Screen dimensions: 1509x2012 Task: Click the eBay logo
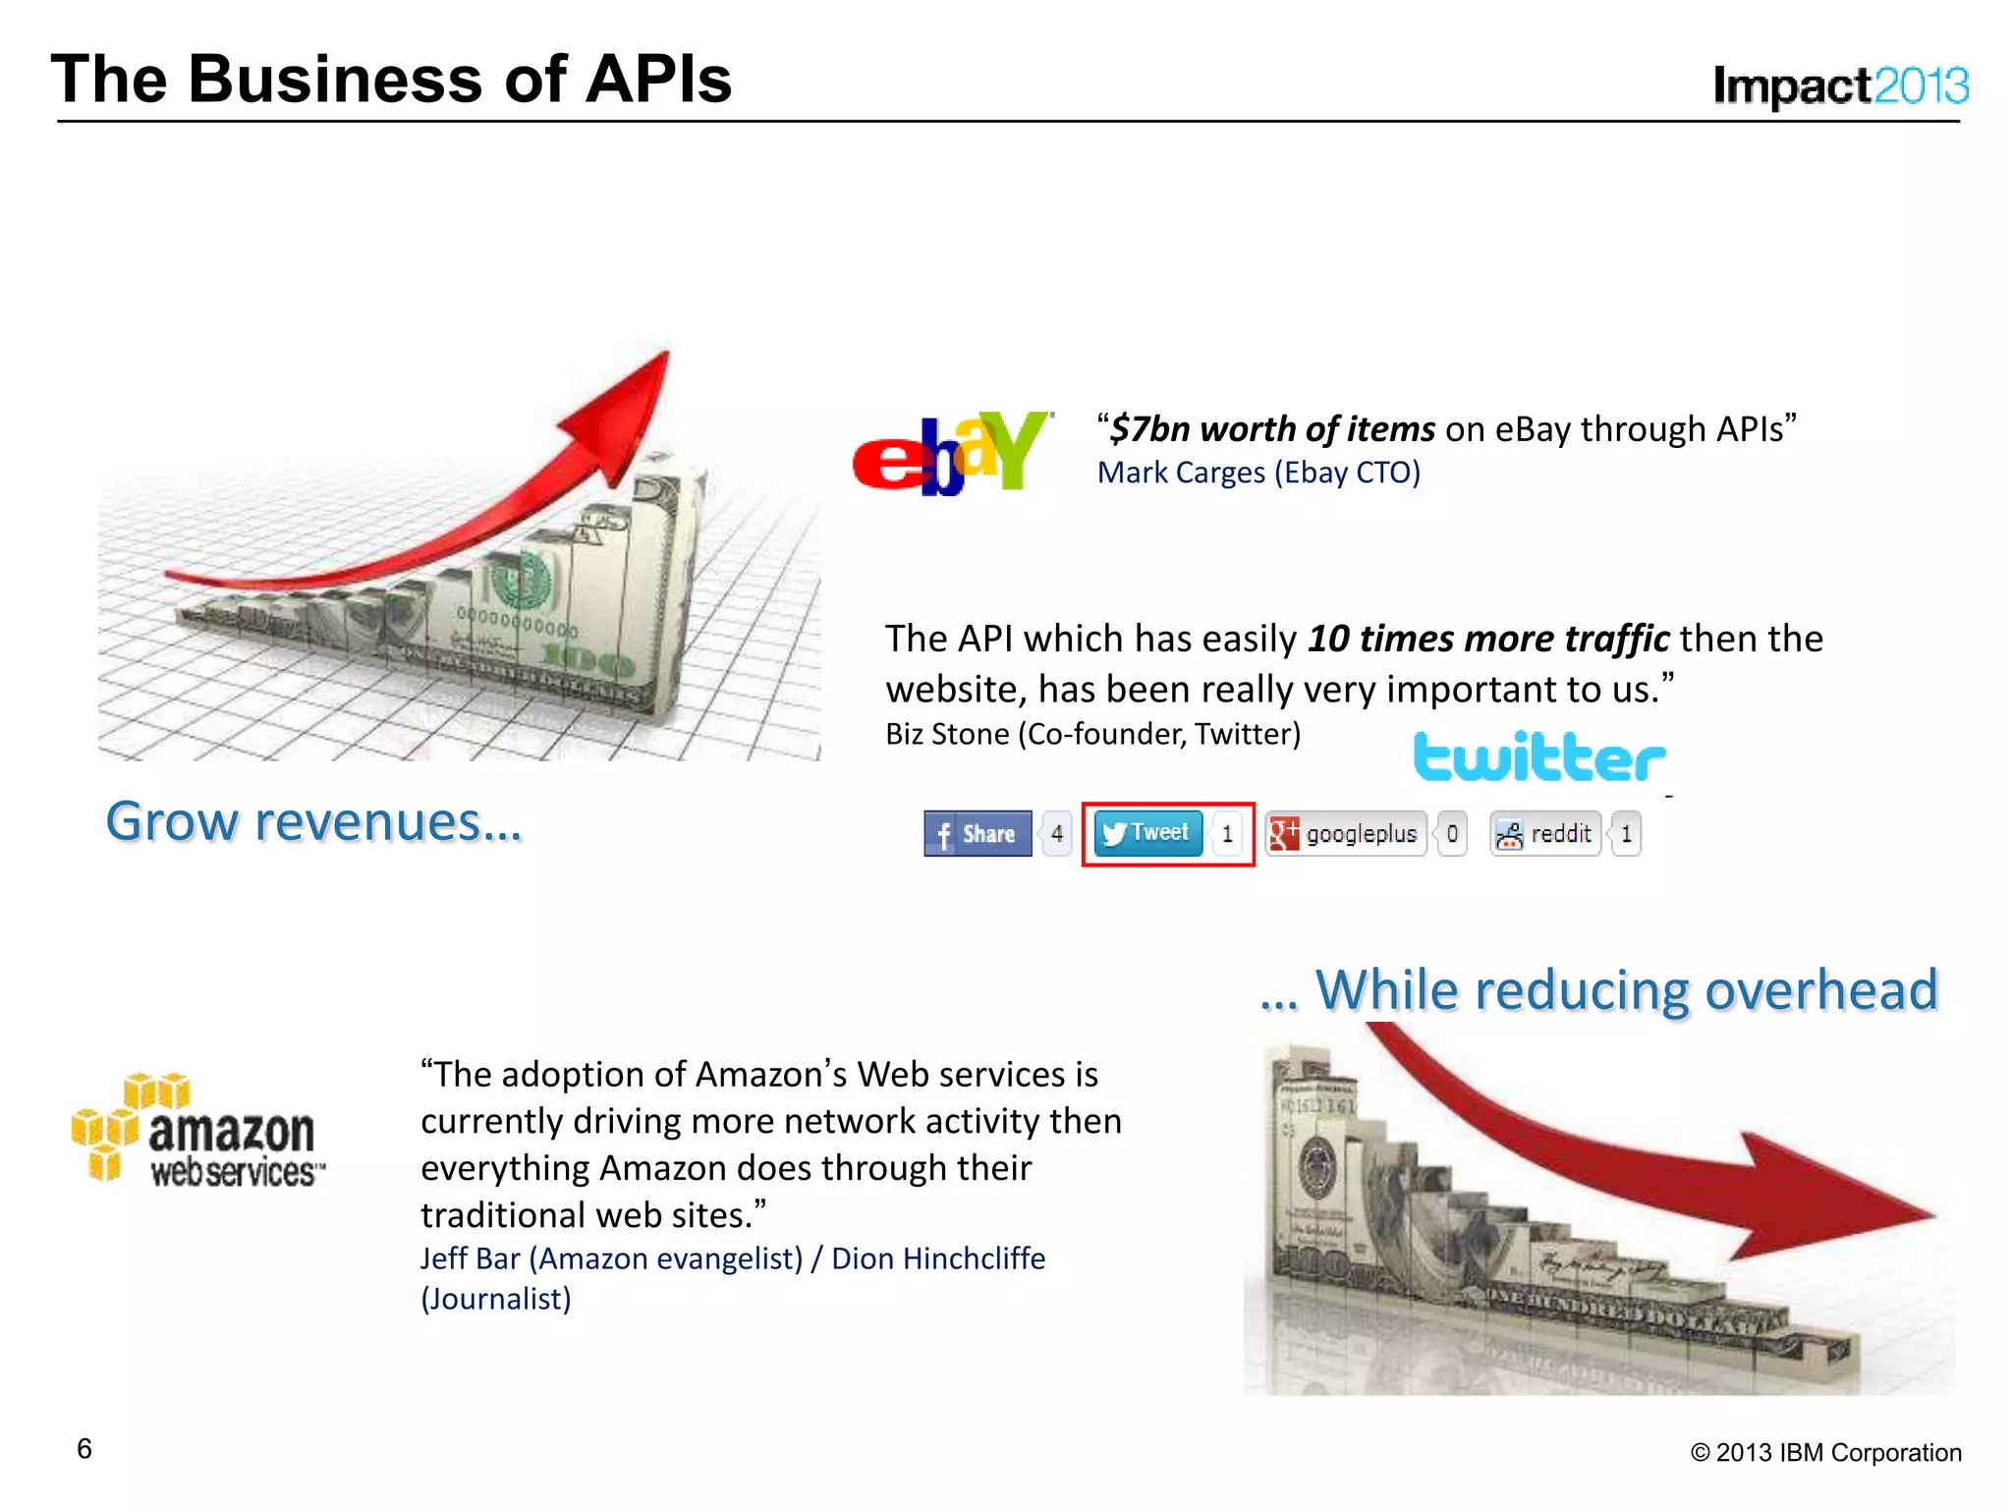pos(951,453)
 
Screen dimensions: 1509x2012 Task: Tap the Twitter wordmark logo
pos(1538,757)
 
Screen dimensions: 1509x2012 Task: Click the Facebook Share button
pos(978,833)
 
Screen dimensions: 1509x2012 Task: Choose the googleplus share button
pos(1345,833)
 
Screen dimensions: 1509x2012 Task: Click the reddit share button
pos(1545,833)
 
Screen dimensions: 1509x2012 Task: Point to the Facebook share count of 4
pos(1057,833)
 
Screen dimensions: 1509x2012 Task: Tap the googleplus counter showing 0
pos(1452,833)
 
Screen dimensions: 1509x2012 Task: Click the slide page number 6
pos(84,1449)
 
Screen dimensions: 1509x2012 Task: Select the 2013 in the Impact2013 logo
pos(1921,86)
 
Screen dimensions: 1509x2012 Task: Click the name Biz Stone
pos(947,734)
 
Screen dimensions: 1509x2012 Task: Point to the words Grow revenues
pos(313,821)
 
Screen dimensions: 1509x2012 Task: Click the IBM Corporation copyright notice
pos(1825,1452)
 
